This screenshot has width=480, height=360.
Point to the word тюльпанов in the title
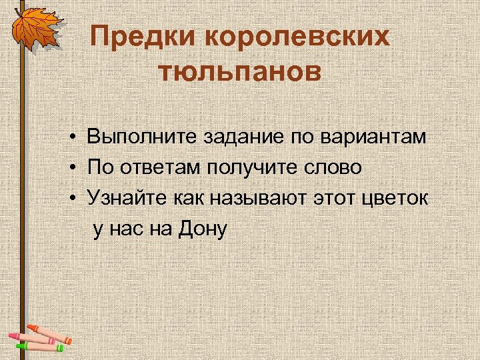(239, 71)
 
